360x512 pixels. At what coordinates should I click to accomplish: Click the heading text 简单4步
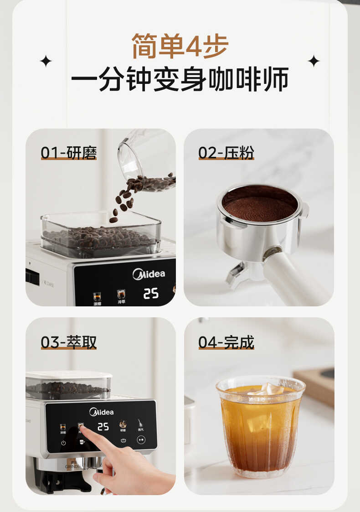pyautogui.click(x=180, y=46)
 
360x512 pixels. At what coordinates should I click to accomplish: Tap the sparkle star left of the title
pyautogui.click(x=46, y=61)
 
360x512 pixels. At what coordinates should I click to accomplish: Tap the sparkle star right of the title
pyautogui.click(x=314, y=61)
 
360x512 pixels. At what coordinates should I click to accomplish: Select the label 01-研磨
pyautogui.click(x=69, y=153)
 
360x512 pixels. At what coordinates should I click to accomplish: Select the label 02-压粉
pyautogui.click(x=226, y=153)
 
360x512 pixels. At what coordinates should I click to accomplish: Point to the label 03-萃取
pyautogui.click(x=69, y=342)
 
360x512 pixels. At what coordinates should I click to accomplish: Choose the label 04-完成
pyautogui.click(x=226, y=342)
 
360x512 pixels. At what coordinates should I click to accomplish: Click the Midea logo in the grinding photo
pyautogui.click(x=149, y=274)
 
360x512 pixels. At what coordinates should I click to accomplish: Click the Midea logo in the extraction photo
pyautogui.click(x=101, y=412)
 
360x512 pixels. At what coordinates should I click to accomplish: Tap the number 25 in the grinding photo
pyautogui.click(x=151, y=294)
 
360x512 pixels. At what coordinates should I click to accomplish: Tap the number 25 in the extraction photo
pyautogui.click(x=103, y=426)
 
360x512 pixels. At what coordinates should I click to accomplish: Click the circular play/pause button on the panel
pyautogui.click(x=141, y=440)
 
